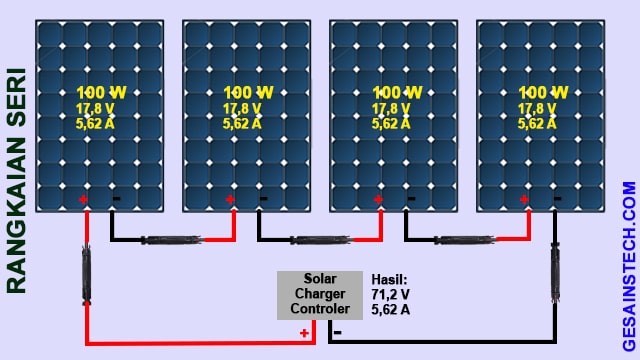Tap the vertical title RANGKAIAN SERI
coord(16,180)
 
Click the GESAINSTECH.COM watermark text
coord(628,264)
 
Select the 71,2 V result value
coord(391,295)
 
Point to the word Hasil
coord(388,280)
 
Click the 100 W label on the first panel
coord(99,93)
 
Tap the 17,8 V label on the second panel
coord(243,109)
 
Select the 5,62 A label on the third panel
coord(390,124)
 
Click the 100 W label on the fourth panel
coord(543,93)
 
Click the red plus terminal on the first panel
coord(83,199)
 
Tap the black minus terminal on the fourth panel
coord(557,199)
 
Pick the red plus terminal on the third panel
coord(378,199)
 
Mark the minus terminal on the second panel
coord(262,199)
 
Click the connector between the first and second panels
coord(172,241)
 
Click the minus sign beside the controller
coord(337,331)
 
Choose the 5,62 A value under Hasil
coord(391,310)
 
